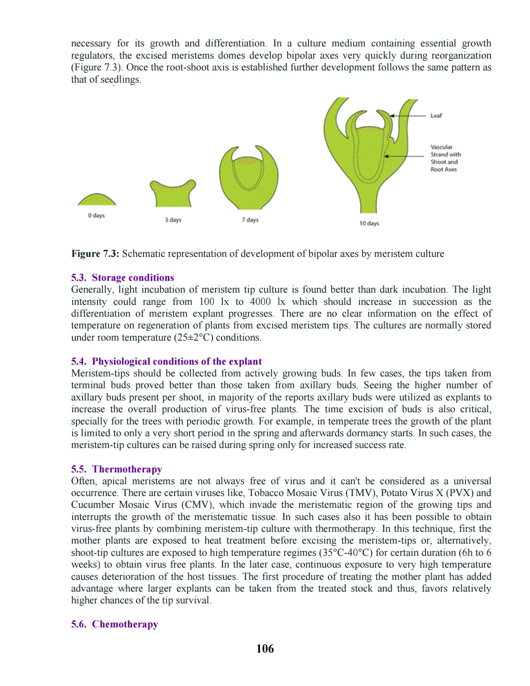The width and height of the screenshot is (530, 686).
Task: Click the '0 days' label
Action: point(96,216)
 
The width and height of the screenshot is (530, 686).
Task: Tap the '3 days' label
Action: point(173,220)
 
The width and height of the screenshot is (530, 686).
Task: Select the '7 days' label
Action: point(250,220)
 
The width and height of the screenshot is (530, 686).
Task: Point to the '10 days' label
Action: point(369,223)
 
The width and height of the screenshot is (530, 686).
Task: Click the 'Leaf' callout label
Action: point(436,116)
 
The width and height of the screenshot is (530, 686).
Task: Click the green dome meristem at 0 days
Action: point(97,200)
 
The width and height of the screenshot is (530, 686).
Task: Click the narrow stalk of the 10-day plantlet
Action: point(368,201)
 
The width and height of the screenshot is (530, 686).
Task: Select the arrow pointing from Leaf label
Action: point(409,116)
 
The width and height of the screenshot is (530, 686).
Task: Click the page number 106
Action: point(265,649)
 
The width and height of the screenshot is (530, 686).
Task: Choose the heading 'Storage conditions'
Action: point(133,278)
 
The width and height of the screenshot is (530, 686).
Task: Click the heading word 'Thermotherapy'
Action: point(127,469)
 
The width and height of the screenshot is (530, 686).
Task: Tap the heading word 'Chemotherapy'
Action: point(125,624)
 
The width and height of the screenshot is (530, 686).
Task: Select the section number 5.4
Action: point(79,361)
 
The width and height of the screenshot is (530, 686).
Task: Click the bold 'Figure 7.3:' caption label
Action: point(95,254)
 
